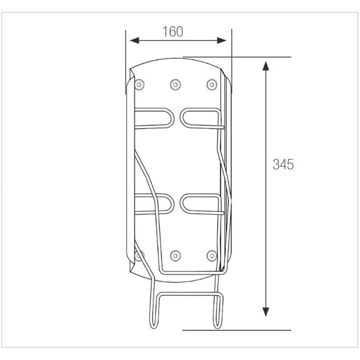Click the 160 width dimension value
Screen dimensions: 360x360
(173, 31)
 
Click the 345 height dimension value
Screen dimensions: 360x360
(283, 164)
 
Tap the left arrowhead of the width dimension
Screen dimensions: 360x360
(134, 41)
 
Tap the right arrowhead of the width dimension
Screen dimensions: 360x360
(222, 41)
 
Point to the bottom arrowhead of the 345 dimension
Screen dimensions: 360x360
(266, 312)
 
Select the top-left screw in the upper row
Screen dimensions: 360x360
(139, 85)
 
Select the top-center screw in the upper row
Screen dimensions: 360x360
(175, 85)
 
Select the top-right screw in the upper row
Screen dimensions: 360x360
(211, 85)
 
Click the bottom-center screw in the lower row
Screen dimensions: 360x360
(175, 255)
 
